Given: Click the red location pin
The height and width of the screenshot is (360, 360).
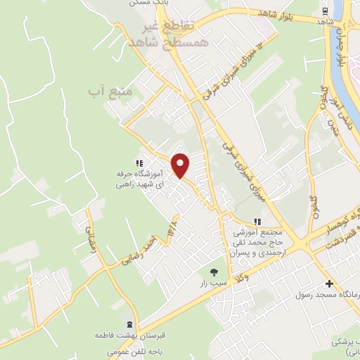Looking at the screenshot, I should click(x=181, y=165).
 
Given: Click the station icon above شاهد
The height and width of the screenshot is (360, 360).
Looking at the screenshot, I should click(x=324, y=12).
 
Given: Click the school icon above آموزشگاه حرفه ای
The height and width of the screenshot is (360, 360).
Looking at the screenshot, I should click(x=139, y=162).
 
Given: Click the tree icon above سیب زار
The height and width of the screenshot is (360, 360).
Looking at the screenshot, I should click(x=214, y=271).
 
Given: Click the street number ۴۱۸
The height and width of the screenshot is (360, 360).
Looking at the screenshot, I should click(x=172, y=229).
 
